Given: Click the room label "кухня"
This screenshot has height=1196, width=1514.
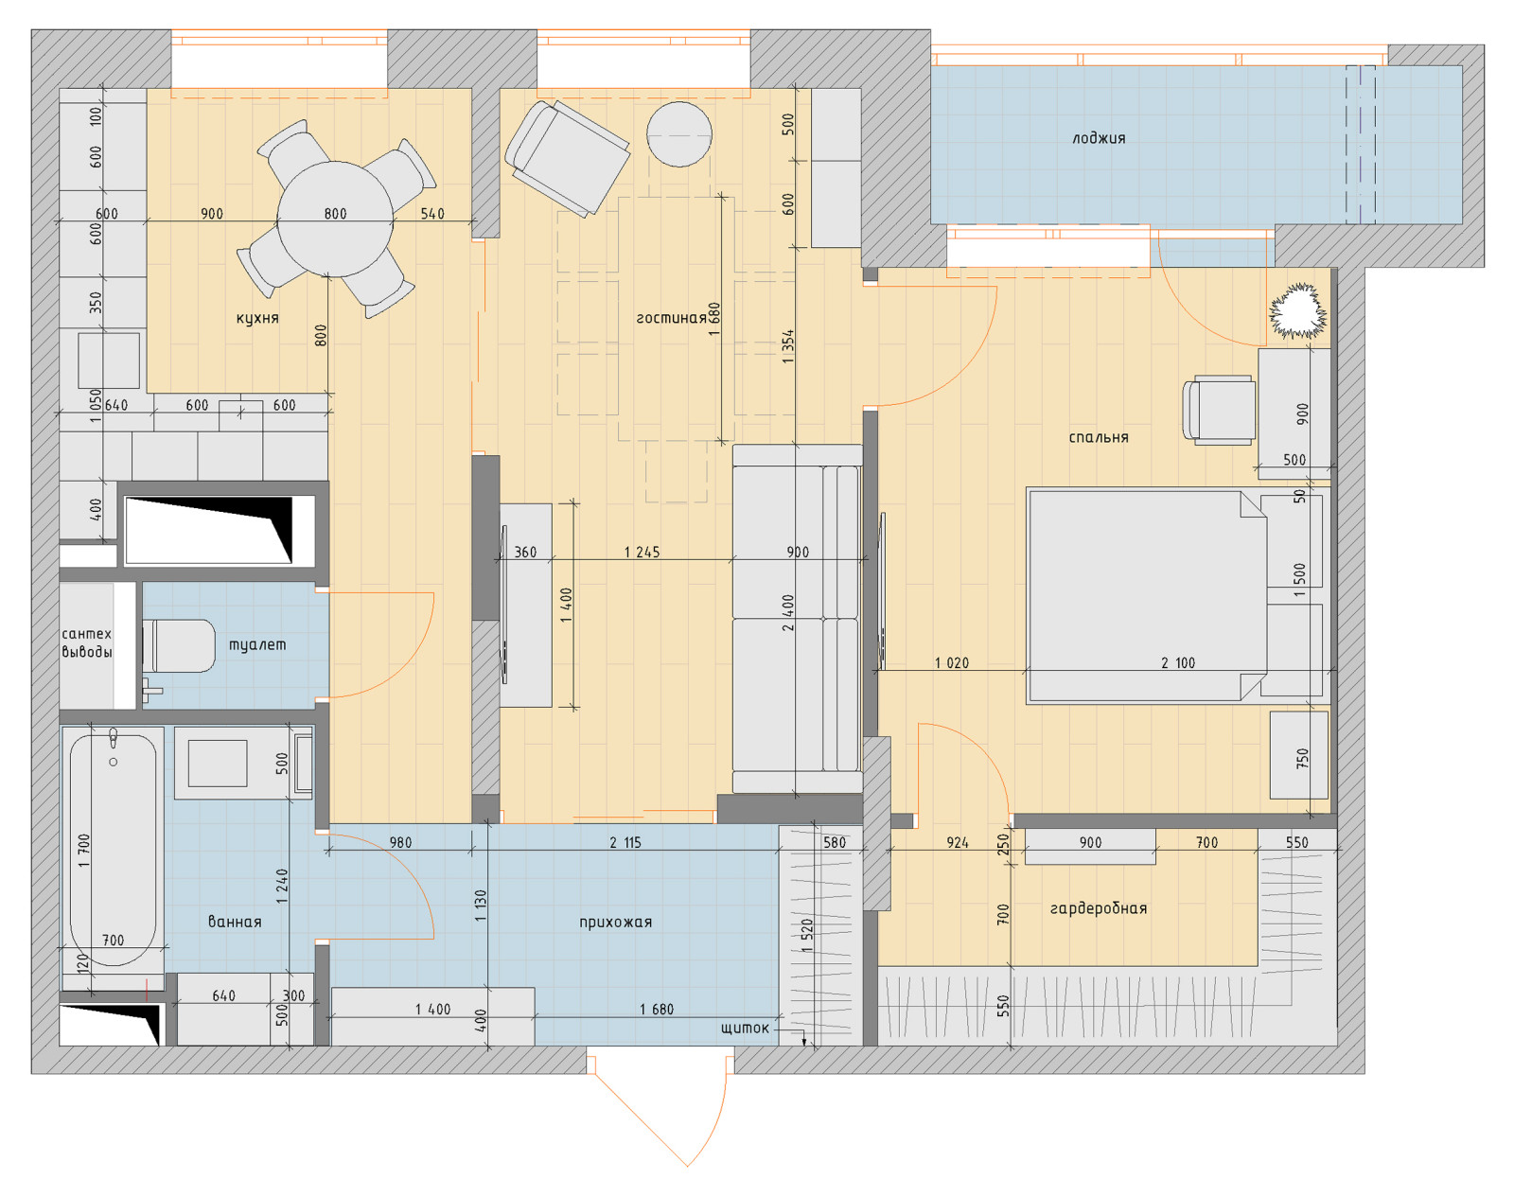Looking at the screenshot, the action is pyautogui.click(x=257, y=318).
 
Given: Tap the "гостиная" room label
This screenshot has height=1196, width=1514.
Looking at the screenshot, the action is pyautogui.click(x=671, y=318).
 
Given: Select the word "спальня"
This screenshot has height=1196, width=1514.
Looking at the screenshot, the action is pyautogui.click(x=1099, y=437).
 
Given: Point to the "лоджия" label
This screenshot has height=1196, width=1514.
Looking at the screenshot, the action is pyautogui.click(x=1099, y=138).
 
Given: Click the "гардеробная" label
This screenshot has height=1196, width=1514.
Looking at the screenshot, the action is pyautogui.click(x=1099, y=909).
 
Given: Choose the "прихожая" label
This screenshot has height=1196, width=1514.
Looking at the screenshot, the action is pyautogui.click(x=616, y=923).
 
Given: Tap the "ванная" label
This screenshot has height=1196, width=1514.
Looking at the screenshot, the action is pyautogui.click(x=235, y=923).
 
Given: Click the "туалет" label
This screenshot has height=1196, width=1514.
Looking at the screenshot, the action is pyautogui.click(x=257, y=644).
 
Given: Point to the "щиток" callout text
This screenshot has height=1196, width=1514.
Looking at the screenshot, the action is pyautogui.click(x=745, y=1029).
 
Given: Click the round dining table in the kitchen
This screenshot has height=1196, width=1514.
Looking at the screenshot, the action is pyautogui.click(x=335, y=219).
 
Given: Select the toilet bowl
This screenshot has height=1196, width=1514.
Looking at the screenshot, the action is pyautogui.click(x=180, y=646).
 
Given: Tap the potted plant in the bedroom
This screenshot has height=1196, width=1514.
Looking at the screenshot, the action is pyautogui.click(x=1298, y=311).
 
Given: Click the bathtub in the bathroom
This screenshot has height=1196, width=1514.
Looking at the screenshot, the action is pyautogui.click(x=114, y=850).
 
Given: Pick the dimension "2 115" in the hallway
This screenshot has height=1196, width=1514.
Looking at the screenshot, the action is pyautogui.click(x=625, y=843).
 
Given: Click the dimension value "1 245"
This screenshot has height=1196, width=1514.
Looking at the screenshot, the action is pyautogui.click(x=642, y=553).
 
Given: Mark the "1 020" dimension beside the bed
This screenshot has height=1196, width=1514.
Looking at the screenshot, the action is pyautogui.click(x=951, y=662).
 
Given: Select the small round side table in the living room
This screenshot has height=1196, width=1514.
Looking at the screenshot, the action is pyautogui.click(x=678, y=134).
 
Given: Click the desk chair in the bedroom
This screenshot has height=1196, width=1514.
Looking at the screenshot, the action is pyautogui.click(x=1219, y=410).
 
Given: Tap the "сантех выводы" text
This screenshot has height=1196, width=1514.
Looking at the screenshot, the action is pyautogui.click(x=86, y=643).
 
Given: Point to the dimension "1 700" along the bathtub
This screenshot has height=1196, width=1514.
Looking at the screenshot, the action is pyautogui.click(x=84, y=851).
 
